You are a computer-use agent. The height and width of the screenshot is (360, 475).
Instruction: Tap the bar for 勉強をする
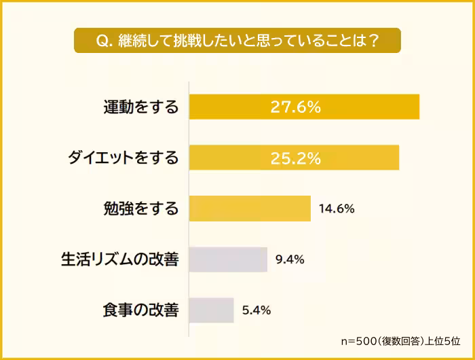coord(250,209)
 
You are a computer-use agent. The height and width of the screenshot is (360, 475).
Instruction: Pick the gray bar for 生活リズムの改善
coord(228,259)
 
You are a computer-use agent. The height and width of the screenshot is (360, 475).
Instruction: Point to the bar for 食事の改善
coord(211,310)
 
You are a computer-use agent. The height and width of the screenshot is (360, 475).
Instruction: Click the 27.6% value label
coord(295,107)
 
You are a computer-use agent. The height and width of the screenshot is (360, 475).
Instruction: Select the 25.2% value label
coord(295,158)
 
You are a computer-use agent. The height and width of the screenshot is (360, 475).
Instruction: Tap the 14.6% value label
coord(336,209)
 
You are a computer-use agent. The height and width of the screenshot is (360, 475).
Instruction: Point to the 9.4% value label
coord(290,259)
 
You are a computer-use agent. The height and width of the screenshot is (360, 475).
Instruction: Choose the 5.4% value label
coord(256,310)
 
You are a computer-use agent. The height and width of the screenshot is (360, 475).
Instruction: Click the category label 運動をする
coord(141,107)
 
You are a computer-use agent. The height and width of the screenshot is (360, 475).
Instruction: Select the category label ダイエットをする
coord(123,158)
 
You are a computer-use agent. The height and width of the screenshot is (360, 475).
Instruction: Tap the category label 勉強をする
coord(141,209)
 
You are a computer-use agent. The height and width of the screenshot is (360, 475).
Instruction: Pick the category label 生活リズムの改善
coord(120,259)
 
